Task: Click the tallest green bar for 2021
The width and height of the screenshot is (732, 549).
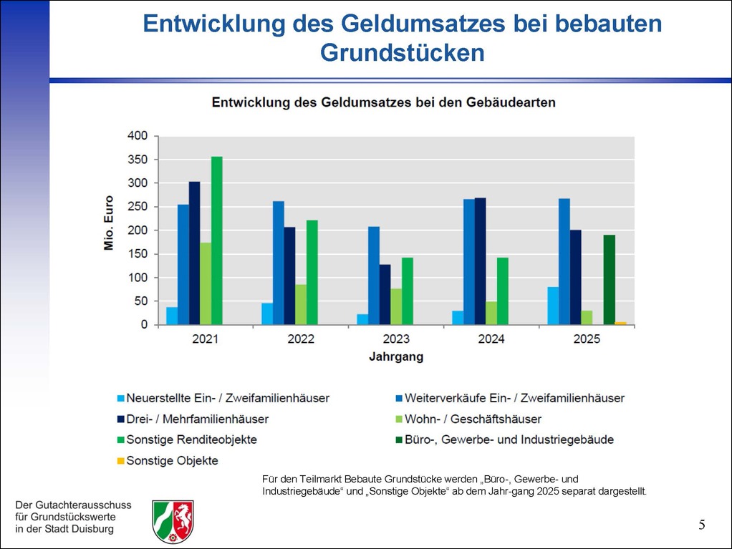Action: click(216, 241)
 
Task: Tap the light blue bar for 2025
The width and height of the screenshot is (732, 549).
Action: click(553, 306)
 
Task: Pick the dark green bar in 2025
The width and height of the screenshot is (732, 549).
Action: click(609, 280)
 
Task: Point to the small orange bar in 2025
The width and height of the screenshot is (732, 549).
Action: click(620, 324)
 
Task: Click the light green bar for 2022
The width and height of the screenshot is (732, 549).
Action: click(301, 305)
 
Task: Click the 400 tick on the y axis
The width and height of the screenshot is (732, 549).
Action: click(138, 136)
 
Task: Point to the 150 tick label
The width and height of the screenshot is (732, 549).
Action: click(138, 254)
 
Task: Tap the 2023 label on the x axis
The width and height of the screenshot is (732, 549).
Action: click(396, 339)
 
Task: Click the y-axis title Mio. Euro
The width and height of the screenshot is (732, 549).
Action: click(109, 223)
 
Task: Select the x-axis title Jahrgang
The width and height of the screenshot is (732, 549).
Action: click(396, 356)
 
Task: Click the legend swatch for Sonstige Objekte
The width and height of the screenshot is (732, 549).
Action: click(120, 461)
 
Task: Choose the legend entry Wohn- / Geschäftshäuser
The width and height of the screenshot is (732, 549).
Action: click(473, 419)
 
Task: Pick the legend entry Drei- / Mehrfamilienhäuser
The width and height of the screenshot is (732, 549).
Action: click(197, 419)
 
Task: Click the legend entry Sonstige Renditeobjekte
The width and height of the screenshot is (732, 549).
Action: click(191, 439)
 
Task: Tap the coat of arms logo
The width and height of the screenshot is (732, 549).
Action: click(173, 520)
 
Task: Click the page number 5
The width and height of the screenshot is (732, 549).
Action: click(702, 525)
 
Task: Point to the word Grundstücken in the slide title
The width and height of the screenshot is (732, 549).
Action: click(403, 53)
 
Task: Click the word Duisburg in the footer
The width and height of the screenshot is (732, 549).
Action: click(90, 530)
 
